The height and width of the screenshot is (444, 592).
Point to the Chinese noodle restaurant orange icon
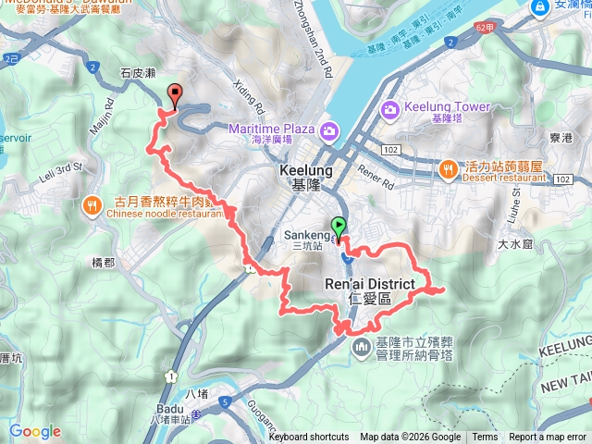(x=92, y=204)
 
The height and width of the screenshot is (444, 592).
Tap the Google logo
(x=35, y=431)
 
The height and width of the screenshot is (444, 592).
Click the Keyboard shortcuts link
(x=309, y=438)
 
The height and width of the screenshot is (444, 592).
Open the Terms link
(x=485, y=438)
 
